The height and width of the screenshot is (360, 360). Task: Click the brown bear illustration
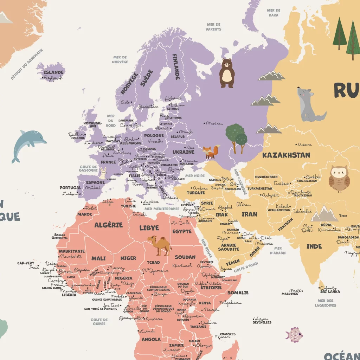coord(227,73)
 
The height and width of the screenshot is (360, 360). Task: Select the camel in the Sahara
coord(160,245)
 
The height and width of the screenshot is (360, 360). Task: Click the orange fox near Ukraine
coord(210,152)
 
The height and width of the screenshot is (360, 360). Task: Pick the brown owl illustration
coord(339,179)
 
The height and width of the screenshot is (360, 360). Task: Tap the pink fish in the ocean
coord(294,334)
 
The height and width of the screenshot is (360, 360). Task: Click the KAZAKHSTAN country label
coord(286,155)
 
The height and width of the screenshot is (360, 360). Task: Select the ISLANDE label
coord(53,72)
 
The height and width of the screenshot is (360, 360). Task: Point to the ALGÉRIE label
coord(108,225)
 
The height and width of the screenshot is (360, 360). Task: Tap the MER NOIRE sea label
coord(195,176)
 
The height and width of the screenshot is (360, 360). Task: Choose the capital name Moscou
coord(215,123)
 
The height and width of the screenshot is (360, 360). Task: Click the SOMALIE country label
coord(238,292)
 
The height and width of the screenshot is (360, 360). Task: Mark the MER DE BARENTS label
coord(213,27)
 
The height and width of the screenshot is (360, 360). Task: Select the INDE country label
coord(314,246)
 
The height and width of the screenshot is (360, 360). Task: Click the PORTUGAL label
coord(70,188)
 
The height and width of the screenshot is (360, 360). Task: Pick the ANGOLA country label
coord(151,339)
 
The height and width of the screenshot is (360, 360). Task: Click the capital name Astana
coord(304,144)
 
